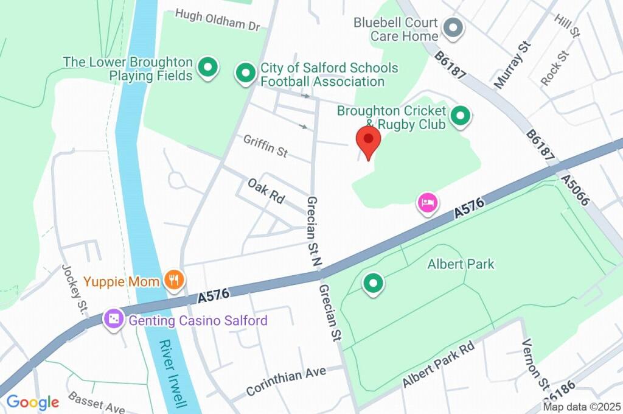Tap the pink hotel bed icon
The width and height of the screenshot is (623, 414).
[427, 203]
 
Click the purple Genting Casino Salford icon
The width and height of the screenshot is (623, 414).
[114, 319]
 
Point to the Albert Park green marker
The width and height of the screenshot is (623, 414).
[374, 283]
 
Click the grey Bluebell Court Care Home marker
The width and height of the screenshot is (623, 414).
[452, 28]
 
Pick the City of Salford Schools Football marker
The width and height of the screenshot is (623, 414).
[245, 74]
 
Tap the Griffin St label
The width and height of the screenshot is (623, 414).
[265, 146]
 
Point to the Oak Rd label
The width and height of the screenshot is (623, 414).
[266, 191]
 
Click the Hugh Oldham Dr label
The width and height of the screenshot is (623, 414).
[217, 19]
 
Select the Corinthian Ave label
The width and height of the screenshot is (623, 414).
[286, 381]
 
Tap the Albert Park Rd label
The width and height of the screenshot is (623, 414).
[438, 365]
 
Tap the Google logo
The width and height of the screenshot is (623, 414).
[32, 402]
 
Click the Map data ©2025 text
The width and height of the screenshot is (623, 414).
[582, 407]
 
